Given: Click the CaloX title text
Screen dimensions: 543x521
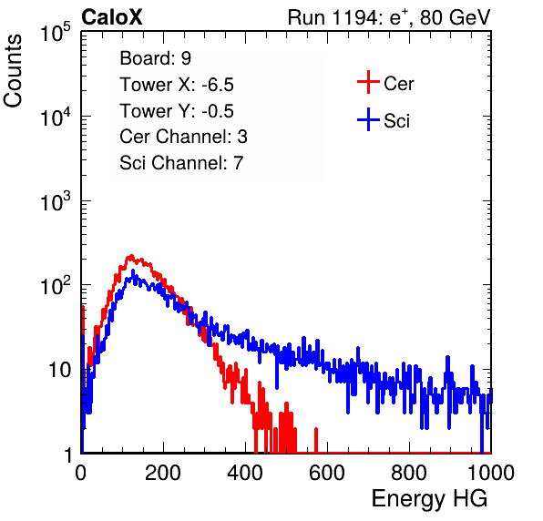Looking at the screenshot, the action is [112, 17].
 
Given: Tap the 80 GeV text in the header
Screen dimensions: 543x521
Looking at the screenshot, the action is [455, 17].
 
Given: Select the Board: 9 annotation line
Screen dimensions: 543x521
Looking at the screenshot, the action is [156, 58].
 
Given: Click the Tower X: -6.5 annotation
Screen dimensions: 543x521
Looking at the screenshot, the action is [177, 85].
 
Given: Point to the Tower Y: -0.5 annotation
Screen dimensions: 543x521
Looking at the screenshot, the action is [177, 111].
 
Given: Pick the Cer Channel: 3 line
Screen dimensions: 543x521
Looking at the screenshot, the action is [183, 137].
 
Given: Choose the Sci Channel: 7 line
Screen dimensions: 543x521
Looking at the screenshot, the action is [181, 163].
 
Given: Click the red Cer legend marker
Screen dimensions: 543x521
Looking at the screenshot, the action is [368, 82].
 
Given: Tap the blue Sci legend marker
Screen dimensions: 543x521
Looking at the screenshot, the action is [368, 119].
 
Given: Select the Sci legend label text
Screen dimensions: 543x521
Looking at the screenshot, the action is [397, 121].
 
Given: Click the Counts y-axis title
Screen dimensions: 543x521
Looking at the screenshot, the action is [13, 71].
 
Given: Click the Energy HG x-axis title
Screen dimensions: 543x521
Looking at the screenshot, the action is [429, 499].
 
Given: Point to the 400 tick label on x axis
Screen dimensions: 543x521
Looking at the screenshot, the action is [245, 473].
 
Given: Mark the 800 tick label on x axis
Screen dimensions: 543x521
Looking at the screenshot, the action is [409, 473].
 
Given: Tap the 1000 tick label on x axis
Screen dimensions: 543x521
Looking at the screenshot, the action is [491, 473].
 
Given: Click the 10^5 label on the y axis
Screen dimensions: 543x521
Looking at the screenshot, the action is [56, 32].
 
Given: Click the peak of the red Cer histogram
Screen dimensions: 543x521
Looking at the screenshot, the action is [130, 256].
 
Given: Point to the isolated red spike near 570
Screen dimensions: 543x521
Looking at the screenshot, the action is [316, 440].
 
